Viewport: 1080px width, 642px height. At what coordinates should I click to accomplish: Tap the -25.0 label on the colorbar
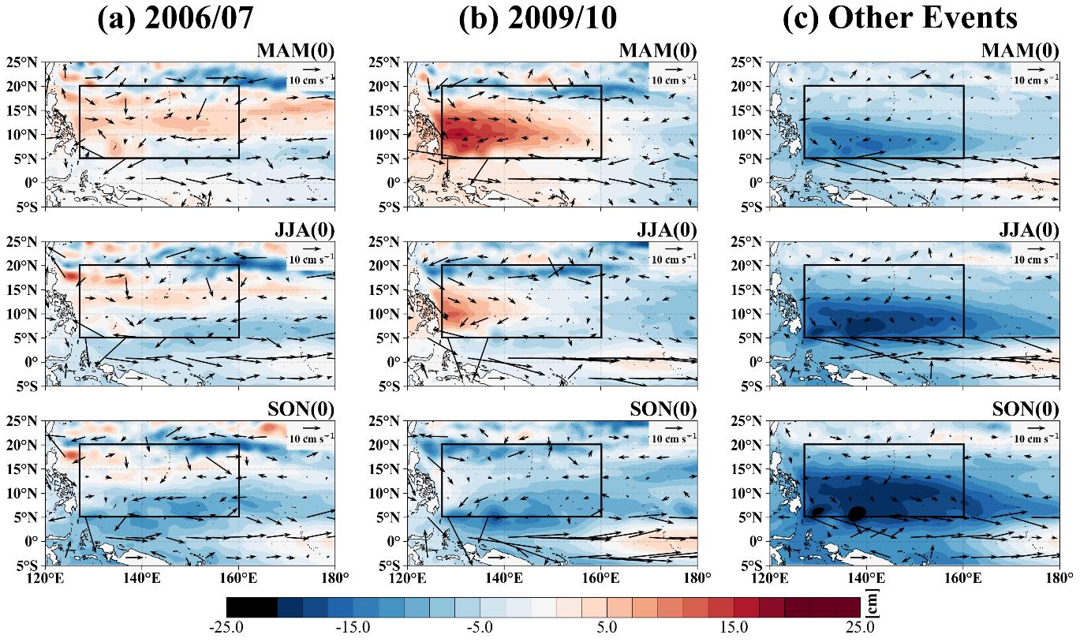click(226, 628)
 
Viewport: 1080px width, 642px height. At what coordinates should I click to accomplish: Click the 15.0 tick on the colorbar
click(733, 628)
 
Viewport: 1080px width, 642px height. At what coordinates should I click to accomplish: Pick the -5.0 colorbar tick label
click(480, 628)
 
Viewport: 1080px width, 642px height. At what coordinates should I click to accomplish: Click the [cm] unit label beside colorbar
click(871, 605)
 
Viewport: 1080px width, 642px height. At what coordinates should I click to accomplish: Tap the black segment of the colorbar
click(252, 607)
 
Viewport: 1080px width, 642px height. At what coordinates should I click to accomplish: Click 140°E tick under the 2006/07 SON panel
click(142, 578)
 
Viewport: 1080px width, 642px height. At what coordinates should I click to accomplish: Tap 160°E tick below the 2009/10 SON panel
click(600, 578)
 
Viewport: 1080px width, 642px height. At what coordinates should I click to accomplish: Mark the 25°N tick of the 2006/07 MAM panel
click(25, 62)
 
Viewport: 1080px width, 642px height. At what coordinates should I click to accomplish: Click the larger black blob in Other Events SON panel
click(857, 513)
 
